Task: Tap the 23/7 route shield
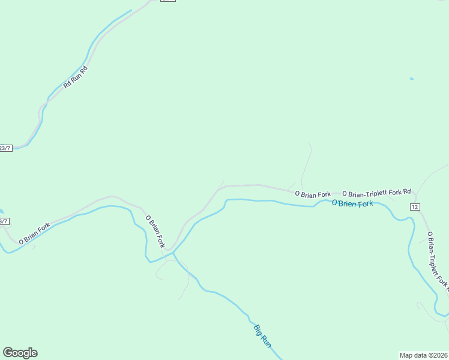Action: tap(5, 148)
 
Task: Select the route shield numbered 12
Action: tap(415, 206)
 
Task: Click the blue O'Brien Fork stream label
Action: tap(352, 203)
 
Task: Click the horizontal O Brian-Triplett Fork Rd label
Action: tap(376, 193)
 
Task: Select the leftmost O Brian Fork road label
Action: tap(34, 233)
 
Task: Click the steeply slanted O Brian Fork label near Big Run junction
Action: tap(154, 231)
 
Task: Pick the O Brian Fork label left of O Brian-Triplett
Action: tap(313, 194)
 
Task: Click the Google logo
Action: tap(20, 353)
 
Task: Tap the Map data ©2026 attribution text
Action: tap(424, 355)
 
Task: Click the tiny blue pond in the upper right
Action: tap(411, 79)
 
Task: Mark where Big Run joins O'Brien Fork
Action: tap(173, 254)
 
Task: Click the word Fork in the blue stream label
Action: tap(364, 203)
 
